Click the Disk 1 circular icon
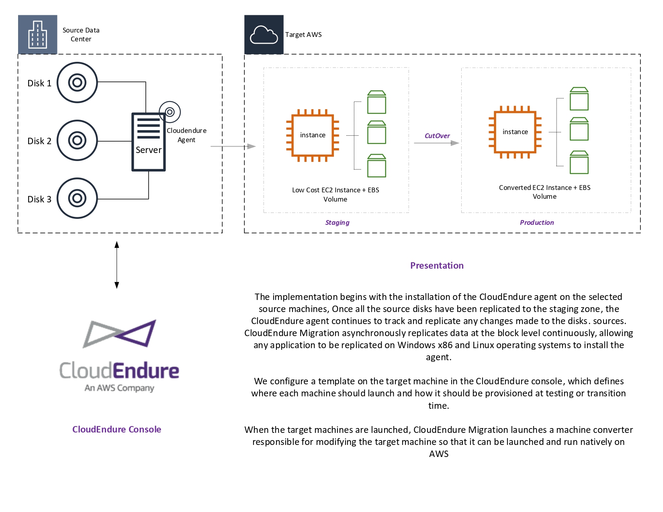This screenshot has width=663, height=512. [77, 82]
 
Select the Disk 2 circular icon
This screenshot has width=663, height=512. [77, 141]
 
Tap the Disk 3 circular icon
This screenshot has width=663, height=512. [77, 198]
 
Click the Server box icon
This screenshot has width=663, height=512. [149, 142]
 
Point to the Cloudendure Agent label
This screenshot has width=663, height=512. [186, 135]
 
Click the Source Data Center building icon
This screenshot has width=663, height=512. [37, 35]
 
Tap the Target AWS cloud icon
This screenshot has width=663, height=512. [264, 35]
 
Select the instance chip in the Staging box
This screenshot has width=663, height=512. [313, 135]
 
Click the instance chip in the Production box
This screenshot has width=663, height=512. [515, 132]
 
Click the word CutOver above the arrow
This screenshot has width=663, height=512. [437, 136]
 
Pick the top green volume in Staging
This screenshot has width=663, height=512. [377, 102]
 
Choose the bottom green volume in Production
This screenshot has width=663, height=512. [579, 162]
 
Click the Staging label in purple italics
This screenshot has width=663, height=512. [337, 222]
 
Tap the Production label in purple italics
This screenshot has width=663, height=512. [537, 222]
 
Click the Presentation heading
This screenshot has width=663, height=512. [437, 265]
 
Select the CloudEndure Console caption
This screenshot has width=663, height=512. [117, 429]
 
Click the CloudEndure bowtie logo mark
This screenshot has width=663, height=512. [120, 334]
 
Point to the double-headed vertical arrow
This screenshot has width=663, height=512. [117, 265]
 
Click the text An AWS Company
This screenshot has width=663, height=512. [119, 388]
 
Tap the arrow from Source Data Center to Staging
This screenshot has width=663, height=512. [233, 147]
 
